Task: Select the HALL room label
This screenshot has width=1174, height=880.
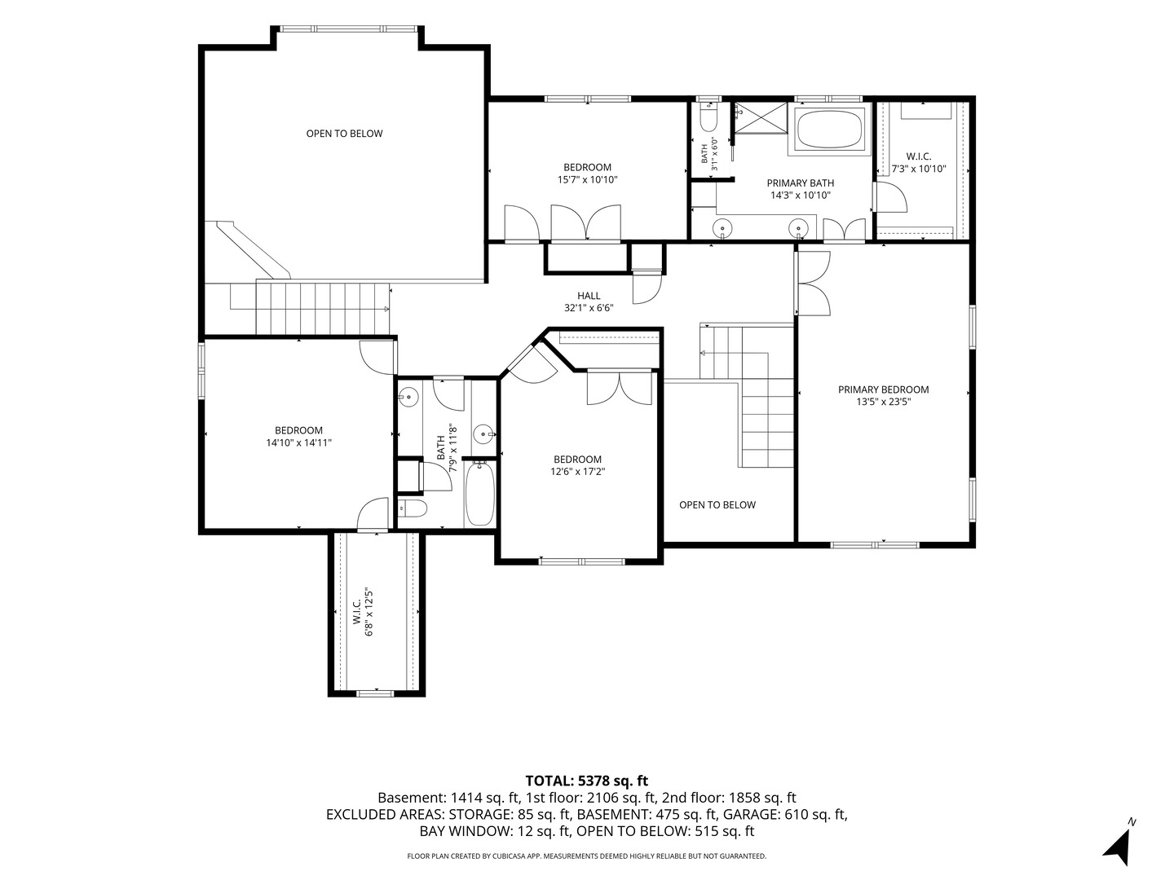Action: pos(589,296)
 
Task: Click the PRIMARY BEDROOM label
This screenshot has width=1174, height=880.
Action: pos(883,389)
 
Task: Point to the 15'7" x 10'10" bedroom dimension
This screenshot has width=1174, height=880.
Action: pos(587,179)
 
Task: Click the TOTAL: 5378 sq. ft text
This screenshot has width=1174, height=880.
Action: pos(587,781)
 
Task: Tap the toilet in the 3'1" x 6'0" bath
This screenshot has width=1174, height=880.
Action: pos(708,121)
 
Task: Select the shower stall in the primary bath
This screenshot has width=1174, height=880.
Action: pos(761,117)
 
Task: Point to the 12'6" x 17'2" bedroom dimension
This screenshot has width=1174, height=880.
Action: pos(578,471)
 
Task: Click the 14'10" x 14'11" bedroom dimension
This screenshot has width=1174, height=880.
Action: pos(299,442)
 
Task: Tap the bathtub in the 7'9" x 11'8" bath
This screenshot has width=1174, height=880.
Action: pos(479,495)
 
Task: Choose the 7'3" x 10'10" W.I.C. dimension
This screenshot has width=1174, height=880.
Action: pos(918,169)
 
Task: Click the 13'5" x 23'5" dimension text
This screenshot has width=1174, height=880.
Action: pos(884,402)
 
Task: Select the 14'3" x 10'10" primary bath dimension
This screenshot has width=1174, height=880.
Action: pos(800,195)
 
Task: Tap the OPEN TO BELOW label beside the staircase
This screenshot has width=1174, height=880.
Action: pos(717,504)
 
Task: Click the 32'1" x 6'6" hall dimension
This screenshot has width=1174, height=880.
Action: pos(589,308)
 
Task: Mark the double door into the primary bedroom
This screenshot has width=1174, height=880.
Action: pos(813,284)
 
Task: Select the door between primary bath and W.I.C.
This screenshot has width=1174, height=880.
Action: pos(890,196)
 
